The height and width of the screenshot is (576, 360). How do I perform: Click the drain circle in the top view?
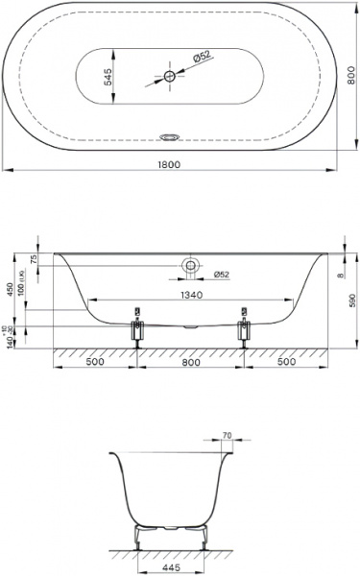click(170, 76)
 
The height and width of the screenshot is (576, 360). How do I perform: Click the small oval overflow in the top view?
click(173, 135)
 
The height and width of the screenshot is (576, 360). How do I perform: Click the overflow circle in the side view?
click(191, 265)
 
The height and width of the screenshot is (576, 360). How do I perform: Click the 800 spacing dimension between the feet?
click(191, 365)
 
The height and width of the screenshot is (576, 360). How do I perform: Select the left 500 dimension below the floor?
click(95, 365)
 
